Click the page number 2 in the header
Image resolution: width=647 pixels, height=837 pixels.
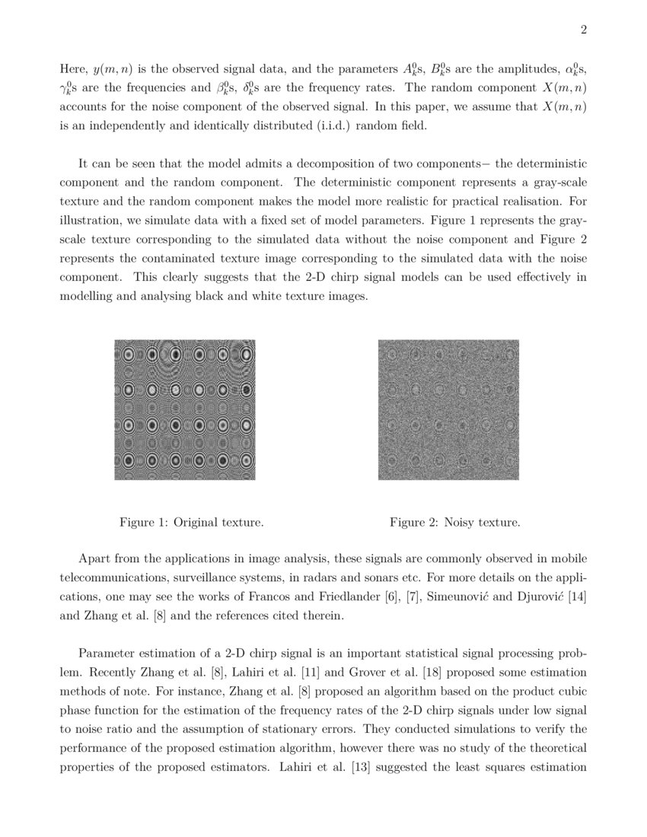(583, 30)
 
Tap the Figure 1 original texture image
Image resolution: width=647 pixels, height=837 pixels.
(184, 409)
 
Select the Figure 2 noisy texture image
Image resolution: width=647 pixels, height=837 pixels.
(448, 409)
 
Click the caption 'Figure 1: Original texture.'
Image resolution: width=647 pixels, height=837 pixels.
(192, 523)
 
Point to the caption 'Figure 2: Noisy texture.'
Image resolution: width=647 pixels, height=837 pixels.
(455, 523)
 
